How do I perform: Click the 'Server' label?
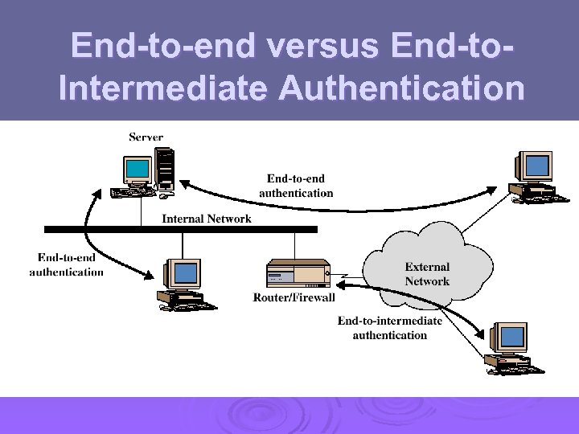[146, 137]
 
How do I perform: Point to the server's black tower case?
[166, 169]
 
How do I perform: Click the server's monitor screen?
[138, 169]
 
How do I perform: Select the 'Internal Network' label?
[207, 219]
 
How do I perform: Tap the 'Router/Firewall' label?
[294, 298]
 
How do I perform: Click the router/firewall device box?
[298, 272]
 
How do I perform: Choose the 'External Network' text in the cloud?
[427, 274]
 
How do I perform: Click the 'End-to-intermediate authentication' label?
[389, 328]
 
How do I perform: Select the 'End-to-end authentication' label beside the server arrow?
[296, 186]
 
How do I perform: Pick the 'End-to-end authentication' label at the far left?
[67, 264]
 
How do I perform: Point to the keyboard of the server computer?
[130, 191]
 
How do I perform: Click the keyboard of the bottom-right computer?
[515, 368]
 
